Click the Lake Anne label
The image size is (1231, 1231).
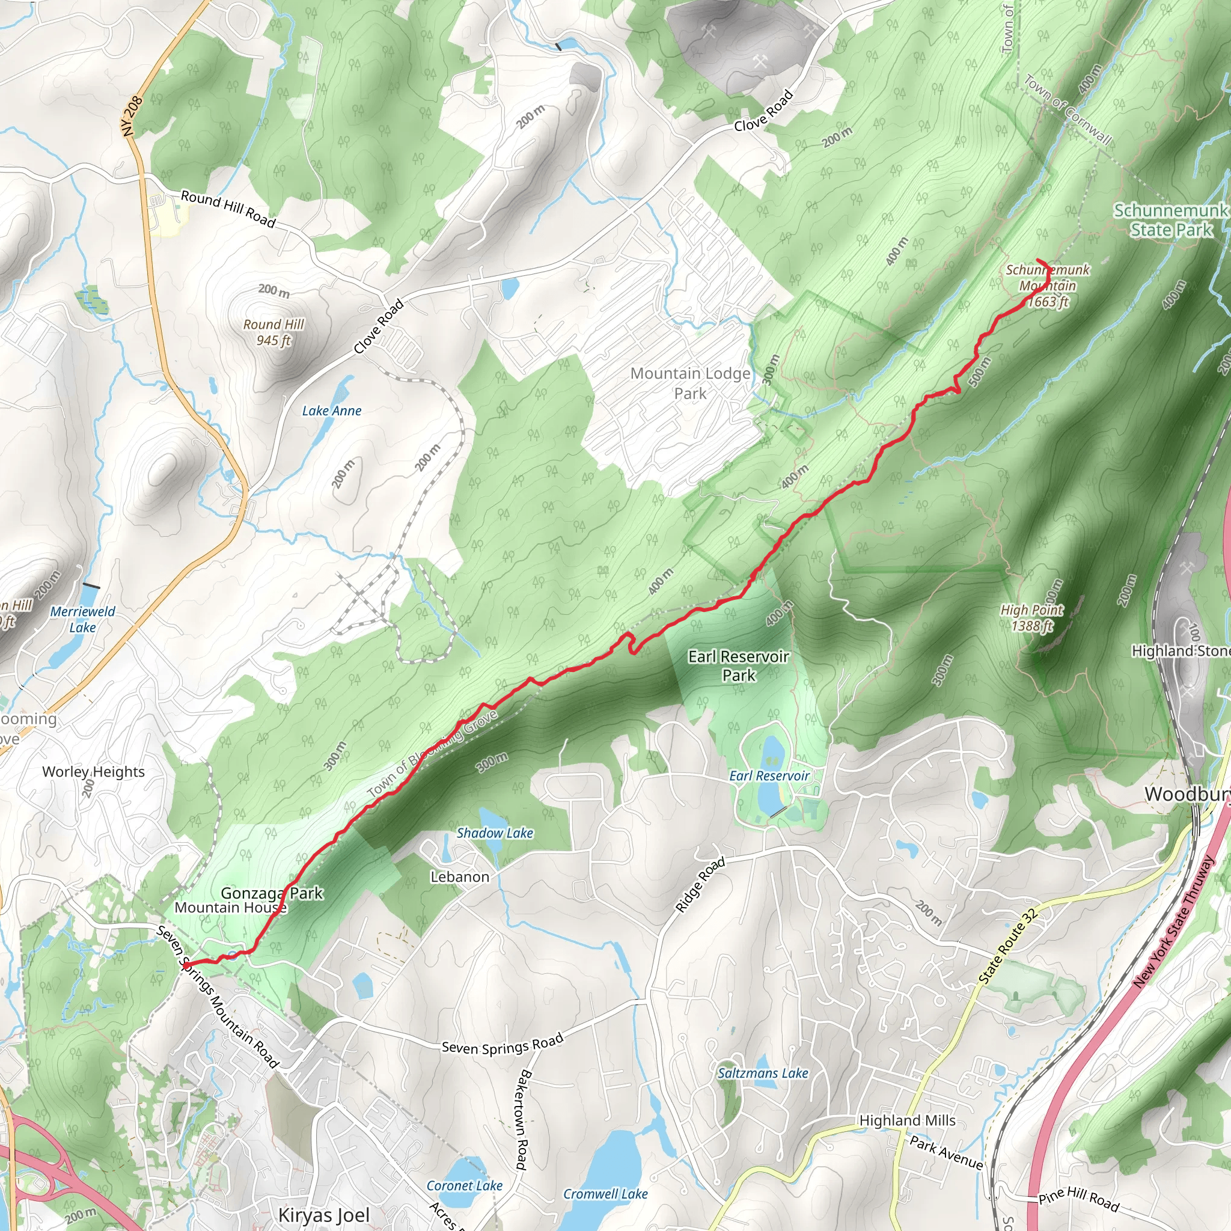(x=331, y=411)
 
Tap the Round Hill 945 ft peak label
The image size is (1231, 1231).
(x=274, y=332)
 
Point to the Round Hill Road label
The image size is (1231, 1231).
(x=228, y=209)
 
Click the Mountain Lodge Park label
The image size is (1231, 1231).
(x=691, y=383)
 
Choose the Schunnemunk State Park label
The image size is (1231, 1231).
(x=1171, y=220)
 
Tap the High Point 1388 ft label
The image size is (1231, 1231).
(x=1031, y=617)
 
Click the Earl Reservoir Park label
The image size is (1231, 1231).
(x=739, y=665)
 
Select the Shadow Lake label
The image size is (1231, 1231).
(x=495, y=832)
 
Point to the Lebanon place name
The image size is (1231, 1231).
(x=460, y=877)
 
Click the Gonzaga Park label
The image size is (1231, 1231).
(x=272, y=893)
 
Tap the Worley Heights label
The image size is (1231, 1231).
(x=94, y=772)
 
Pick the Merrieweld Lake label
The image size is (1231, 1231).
(x=83, y=619)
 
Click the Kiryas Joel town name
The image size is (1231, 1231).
(x=324, y=1215)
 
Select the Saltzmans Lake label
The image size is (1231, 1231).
(x=763, y=1073)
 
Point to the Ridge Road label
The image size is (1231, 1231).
(x=700, y=884)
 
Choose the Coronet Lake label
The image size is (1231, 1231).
(x=465, y=1185)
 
